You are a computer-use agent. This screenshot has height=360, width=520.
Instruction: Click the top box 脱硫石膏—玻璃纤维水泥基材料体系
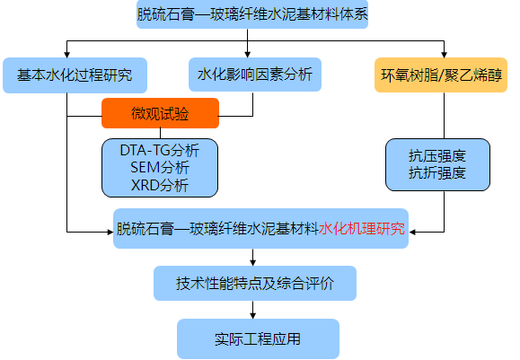(252, 14)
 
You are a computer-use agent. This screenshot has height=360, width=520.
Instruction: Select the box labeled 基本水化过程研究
(75, 75)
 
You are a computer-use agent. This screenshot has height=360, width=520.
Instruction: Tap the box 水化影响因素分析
(255, 75)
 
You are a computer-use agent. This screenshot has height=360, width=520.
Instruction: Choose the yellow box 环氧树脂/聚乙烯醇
(441, 75)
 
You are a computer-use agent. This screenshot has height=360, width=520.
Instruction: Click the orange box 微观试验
(160, 113)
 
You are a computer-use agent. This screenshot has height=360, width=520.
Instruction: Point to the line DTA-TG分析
(160, 150)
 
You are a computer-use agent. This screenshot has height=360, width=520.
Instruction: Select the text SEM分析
(160, 167)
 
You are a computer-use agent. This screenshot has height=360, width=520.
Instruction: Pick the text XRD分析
(160, 185)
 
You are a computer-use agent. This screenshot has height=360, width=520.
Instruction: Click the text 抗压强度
(437, 156)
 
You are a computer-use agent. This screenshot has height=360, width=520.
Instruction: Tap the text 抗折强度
(437, 173)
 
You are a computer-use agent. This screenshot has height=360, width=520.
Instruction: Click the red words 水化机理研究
(362, 229)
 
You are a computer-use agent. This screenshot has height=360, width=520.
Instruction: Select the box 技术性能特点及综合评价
(255, 284)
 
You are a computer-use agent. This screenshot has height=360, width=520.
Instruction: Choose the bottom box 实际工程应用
(258, 338)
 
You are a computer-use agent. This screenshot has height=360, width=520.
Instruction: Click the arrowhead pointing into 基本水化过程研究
(67, 55)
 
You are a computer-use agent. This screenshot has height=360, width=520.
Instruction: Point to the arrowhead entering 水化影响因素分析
(247, 55)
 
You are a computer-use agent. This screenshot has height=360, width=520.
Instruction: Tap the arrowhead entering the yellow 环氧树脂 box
(444, 55)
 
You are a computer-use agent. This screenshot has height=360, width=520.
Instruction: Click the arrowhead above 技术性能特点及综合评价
(253, 262)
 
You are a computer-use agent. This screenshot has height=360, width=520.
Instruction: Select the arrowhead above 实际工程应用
(253, 316)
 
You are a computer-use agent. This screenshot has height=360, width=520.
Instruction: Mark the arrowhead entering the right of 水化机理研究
(412, 232)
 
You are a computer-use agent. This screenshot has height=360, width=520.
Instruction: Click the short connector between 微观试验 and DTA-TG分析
(160, 133)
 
